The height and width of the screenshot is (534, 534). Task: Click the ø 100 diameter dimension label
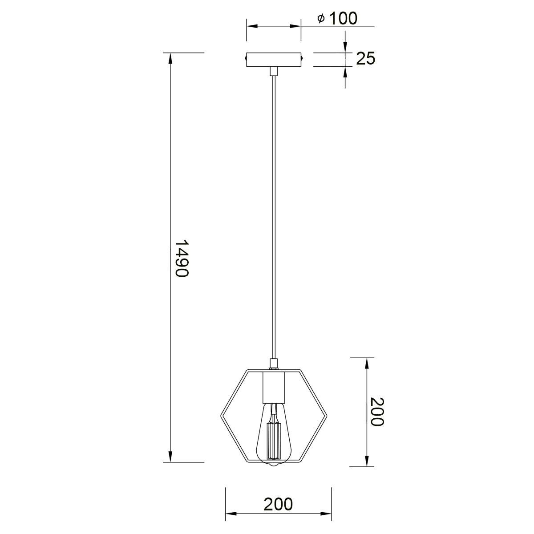337,19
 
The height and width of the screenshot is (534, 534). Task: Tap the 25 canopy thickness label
365,58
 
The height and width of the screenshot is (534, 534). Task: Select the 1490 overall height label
182,259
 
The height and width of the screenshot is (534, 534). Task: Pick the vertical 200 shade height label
377,412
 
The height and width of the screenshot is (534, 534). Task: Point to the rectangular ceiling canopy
274,60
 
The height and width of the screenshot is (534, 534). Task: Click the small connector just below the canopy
274,71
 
